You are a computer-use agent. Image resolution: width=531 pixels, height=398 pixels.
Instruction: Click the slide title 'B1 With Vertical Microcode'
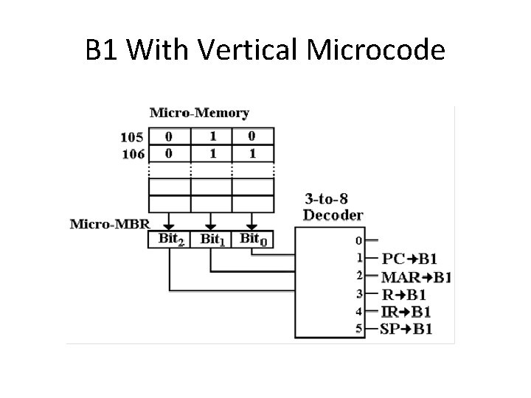pyautogui.click(x=265, y=50)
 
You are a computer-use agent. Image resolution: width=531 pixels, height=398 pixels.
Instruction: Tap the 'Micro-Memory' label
pyautogui.click(x=199, y=113)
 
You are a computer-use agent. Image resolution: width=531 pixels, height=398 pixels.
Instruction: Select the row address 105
pyautogui.click(x=133, y=136)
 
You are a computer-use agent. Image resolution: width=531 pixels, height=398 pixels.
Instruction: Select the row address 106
pyautogui.click(x=133, y=153)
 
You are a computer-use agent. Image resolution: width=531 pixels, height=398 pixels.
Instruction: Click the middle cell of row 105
pyautogui.click(x=211, y=136)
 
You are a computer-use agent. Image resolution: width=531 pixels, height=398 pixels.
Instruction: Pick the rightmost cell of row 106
pyautogui.click(x=253, y=153)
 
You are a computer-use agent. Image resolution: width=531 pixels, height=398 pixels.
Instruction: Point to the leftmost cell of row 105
pyautogui.click(x=169, y=136)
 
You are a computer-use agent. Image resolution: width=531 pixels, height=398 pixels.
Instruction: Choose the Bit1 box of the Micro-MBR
pyautogui.click(x=211, y=239)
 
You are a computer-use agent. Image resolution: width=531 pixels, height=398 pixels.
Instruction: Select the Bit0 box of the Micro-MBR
pyautogui.click(x=252, y=239)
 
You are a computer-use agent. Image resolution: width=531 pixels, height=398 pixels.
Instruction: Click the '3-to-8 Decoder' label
pyautogui.click(x=333, y=206)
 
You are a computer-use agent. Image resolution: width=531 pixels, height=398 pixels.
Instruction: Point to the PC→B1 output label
pyautogui.click(x=409, y=259)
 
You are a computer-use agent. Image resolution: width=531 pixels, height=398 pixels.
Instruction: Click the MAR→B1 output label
pyautogui.click(x=416, y=277)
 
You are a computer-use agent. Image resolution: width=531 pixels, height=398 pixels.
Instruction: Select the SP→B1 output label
pyautogui.click(x=406, y=329)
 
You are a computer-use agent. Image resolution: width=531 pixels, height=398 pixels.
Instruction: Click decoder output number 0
pyautogui.click(x=359, y=240)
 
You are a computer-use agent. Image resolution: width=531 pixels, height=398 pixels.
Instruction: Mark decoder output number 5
pyautogui.click(x=359, y=329)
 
